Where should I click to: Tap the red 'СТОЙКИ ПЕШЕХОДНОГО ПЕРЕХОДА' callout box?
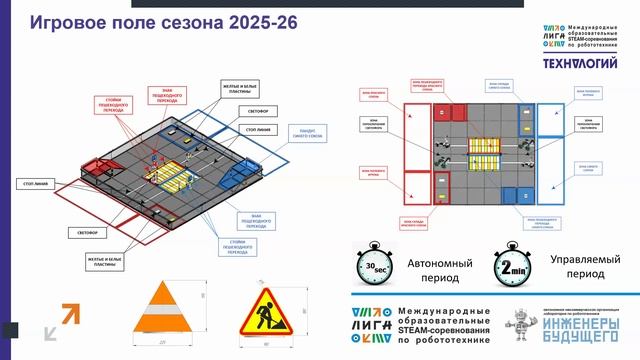coord(116,105)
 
